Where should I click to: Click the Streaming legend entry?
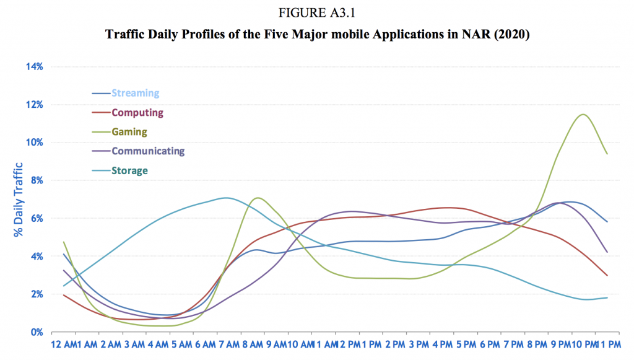coord(135,94)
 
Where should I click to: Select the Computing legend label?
coord(137,113)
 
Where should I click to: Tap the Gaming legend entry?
coord(129,132)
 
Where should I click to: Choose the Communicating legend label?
coord(148,151)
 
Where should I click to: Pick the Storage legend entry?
coord(130,170)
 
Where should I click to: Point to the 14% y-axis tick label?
coord(32,67)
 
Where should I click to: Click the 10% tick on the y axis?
coord(32,143)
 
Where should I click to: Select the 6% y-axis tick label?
coord(34,218)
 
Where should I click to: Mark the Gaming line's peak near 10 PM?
coord(583,115)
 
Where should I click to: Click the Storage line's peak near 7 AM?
coord(227,198)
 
